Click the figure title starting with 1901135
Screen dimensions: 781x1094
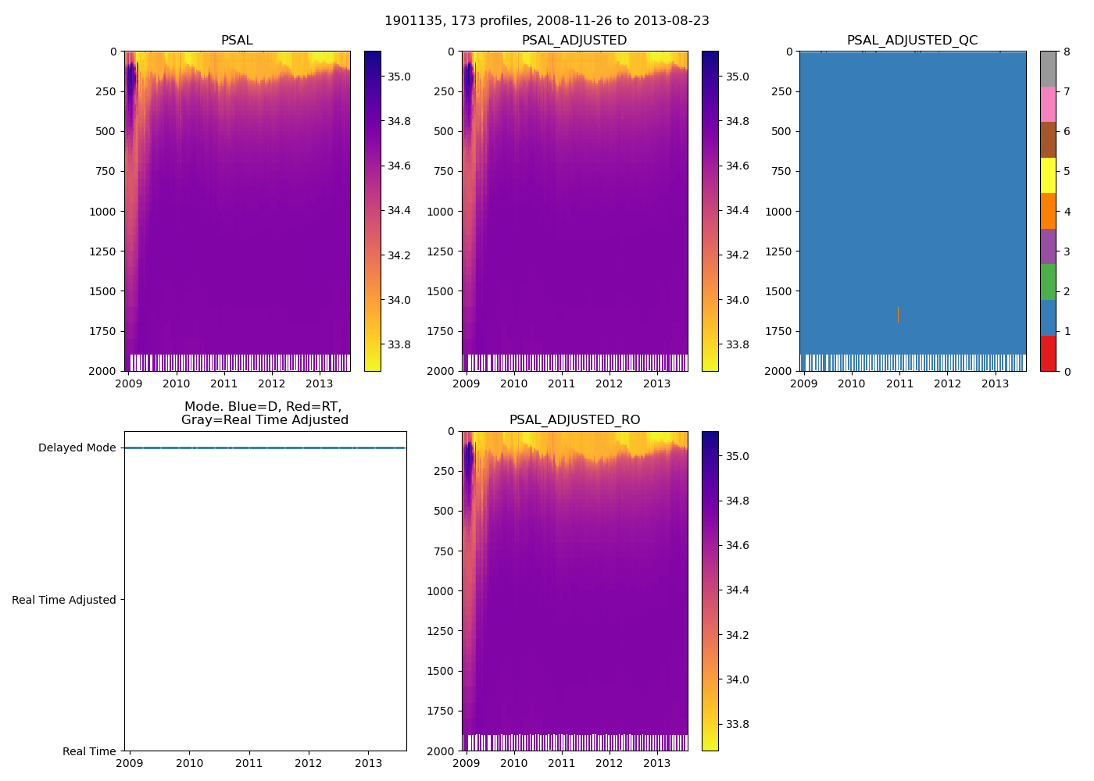[546, 21]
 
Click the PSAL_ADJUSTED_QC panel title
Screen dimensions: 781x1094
[912, 41]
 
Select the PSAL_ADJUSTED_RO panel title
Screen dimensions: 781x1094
[574, 420]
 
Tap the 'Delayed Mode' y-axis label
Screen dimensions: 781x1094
[77, 448]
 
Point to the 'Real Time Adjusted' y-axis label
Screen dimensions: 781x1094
[64, 600]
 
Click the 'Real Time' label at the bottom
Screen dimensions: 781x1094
[89, 751]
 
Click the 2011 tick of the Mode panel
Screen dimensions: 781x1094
[249, 764]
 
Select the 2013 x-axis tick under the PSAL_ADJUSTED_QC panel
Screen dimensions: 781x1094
[995, 383]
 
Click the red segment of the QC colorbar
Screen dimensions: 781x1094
[1048, 354]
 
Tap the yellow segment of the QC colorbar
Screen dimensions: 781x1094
[1048, 176]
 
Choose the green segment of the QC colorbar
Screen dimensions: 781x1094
[1048, 282]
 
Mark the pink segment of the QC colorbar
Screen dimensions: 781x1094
[1048, 105]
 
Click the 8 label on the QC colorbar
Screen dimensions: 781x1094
[1067, 52]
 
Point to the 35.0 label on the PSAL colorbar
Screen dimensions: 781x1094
[399, 77]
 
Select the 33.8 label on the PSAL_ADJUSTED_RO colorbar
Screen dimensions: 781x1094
[737, 725]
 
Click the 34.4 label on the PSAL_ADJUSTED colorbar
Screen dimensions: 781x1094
[737, 211]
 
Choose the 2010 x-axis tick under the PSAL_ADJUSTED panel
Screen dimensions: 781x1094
[513, 383]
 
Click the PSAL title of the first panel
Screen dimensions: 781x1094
[237, 41]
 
